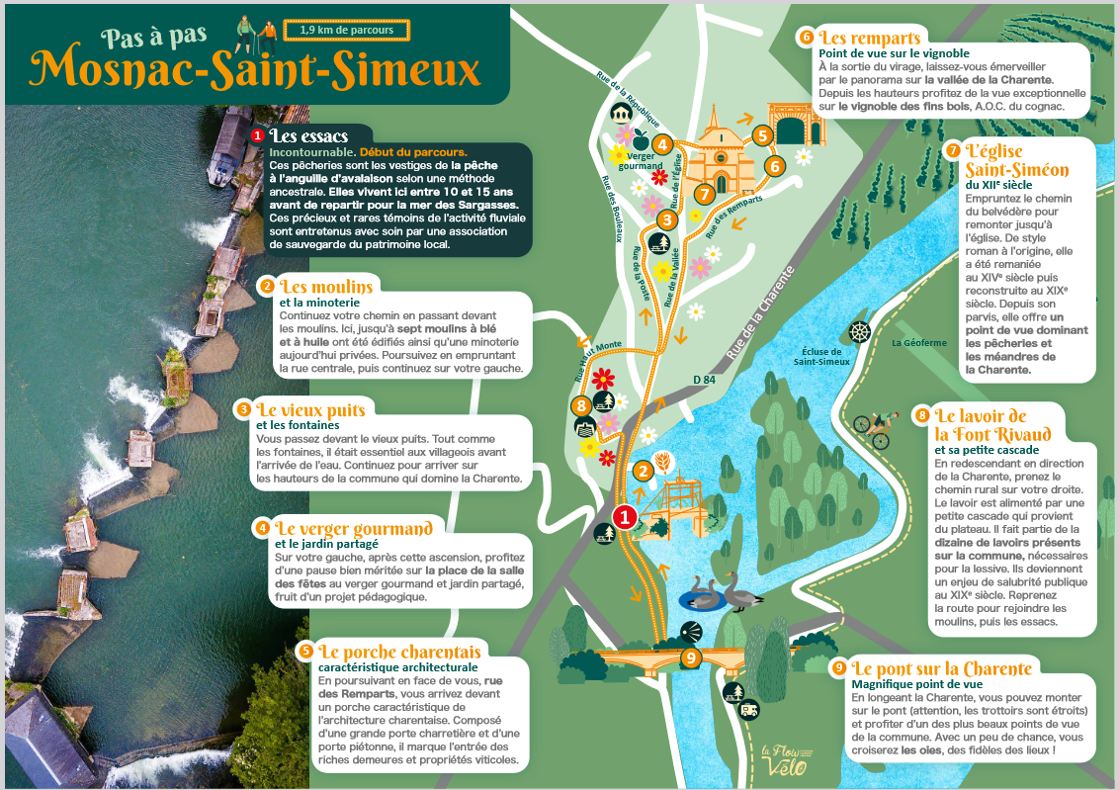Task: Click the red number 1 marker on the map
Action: (x=624, y=515)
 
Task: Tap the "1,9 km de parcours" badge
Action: (x=346, y=30)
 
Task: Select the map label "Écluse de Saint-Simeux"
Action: (x=818, y=356)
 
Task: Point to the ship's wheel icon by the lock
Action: (x=859, y=332)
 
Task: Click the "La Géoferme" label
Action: (x=918, y=343)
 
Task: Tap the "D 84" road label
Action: (x=703, y=379)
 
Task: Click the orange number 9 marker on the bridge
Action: (x=691, y=656)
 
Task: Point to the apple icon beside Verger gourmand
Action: (x=640, y=137)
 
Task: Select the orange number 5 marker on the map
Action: (x=761, y=134)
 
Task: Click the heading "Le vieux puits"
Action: (x=310, y=409)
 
